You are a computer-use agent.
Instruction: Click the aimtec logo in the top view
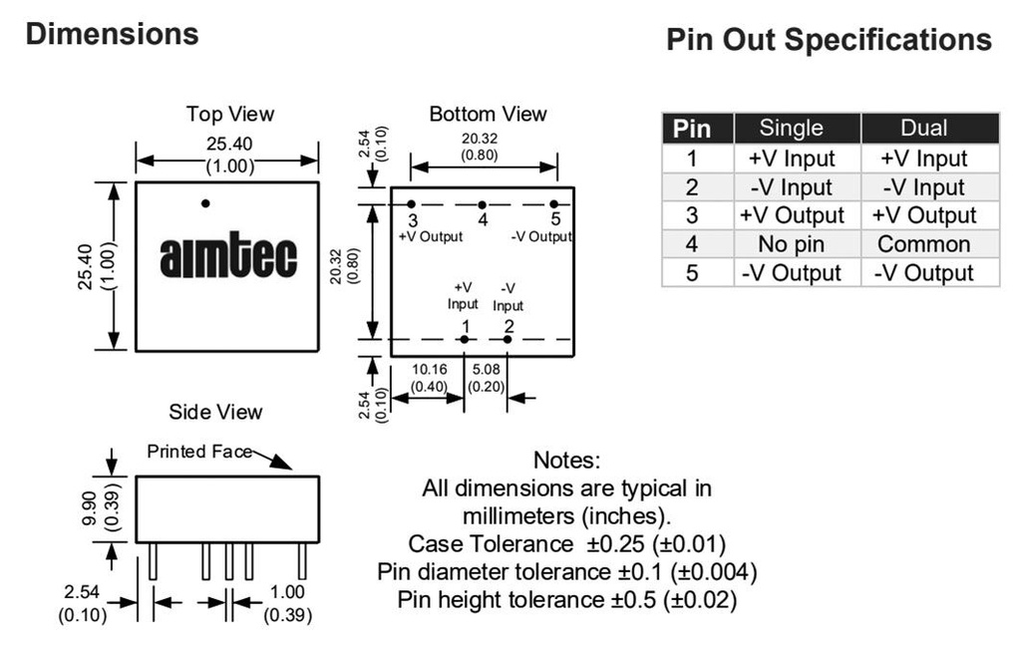tap(228, 257)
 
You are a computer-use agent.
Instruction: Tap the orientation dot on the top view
tap(205, 203)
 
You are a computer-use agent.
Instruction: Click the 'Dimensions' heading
tap(112, 34)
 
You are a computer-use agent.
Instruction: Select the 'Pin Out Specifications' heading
tap(829, 40)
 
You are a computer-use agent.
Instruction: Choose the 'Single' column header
tap(792, 128)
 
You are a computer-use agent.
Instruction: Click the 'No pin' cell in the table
tap(792, 244)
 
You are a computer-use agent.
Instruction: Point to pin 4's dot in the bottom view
tap(482, 204)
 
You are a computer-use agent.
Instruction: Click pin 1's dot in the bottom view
tap(465, 340)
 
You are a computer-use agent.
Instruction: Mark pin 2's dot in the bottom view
tap(508, 340)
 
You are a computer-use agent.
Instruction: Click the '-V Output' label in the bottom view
tap(541, 236)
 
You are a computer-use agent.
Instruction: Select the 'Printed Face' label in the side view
tap(199, 452)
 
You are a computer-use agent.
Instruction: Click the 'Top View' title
tap(229, 115)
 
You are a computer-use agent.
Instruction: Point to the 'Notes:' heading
tap(566, 460)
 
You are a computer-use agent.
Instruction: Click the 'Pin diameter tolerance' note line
tap(566, 572)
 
